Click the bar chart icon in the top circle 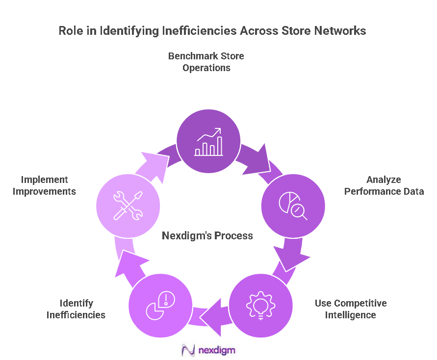(208, 142)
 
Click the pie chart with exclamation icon (160, 306)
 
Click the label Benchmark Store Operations (206, 62)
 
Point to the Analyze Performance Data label (384, 185)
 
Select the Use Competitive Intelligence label (350, 309)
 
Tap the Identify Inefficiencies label (76, 309)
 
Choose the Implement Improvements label (44, 185)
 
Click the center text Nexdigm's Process (207, 236)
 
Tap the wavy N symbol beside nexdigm (188, 350)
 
